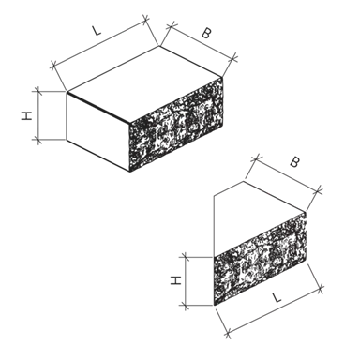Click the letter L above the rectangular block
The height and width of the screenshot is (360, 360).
pos(97,31)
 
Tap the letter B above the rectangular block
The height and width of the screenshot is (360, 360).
pos(205,33)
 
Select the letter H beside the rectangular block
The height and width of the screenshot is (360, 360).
pos(26,115)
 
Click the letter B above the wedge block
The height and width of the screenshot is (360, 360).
pos(294,162)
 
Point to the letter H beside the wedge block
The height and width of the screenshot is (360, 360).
pos(176,280)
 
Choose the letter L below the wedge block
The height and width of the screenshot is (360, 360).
pos(277,297)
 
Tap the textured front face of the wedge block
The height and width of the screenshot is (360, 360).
pos(260,259)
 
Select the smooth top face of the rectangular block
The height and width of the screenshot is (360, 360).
pos(144,83)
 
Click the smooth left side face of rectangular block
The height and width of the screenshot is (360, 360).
pos(98,131)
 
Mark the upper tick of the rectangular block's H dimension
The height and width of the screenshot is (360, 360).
pos(38,92)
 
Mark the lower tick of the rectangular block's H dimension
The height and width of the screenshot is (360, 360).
pos(38,140)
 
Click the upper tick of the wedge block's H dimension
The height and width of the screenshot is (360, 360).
pos(186,257)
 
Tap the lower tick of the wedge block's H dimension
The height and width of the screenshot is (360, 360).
pos(186,306)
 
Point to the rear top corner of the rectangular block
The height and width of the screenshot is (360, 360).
pos(160,46)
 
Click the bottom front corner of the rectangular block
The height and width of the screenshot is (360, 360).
pos(129,172)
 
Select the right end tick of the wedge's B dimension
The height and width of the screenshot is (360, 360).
pos(319,190)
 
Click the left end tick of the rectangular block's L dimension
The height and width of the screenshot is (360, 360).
pos(54,66)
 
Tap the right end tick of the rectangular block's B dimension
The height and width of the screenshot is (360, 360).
pos(234,57)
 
